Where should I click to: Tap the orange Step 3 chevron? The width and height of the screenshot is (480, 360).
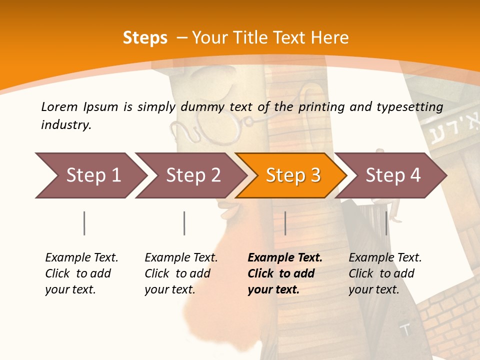point(292,175)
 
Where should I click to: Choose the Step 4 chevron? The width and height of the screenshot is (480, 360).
point(392,175)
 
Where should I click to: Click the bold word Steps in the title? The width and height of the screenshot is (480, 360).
point(145,38)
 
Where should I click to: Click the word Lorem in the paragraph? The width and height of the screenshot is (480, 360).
point(59,106)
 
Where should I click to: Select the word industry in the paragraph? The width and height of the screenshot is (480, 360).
point(66,125)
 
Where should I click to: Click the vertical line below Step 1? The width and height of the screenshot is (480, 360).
point(84,223)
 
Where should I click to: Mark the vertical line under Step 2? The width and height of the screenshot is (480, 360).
point(184,223)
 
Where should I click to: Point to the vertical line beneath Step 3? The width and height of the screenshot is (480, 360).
point(285,223)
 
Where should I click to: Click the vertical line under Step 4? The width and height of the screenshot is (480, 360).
point(386,223)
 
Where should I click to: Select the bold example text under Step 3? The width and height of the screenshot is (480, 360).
point(284,273)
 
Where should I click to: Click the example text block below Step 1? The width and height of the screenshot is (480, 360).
point(81,273)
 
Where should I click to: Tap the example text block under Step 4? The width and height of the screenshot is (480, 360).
point(384,273)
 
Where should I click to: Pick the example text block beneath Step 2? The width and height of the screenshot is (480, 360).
point(181,273)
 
